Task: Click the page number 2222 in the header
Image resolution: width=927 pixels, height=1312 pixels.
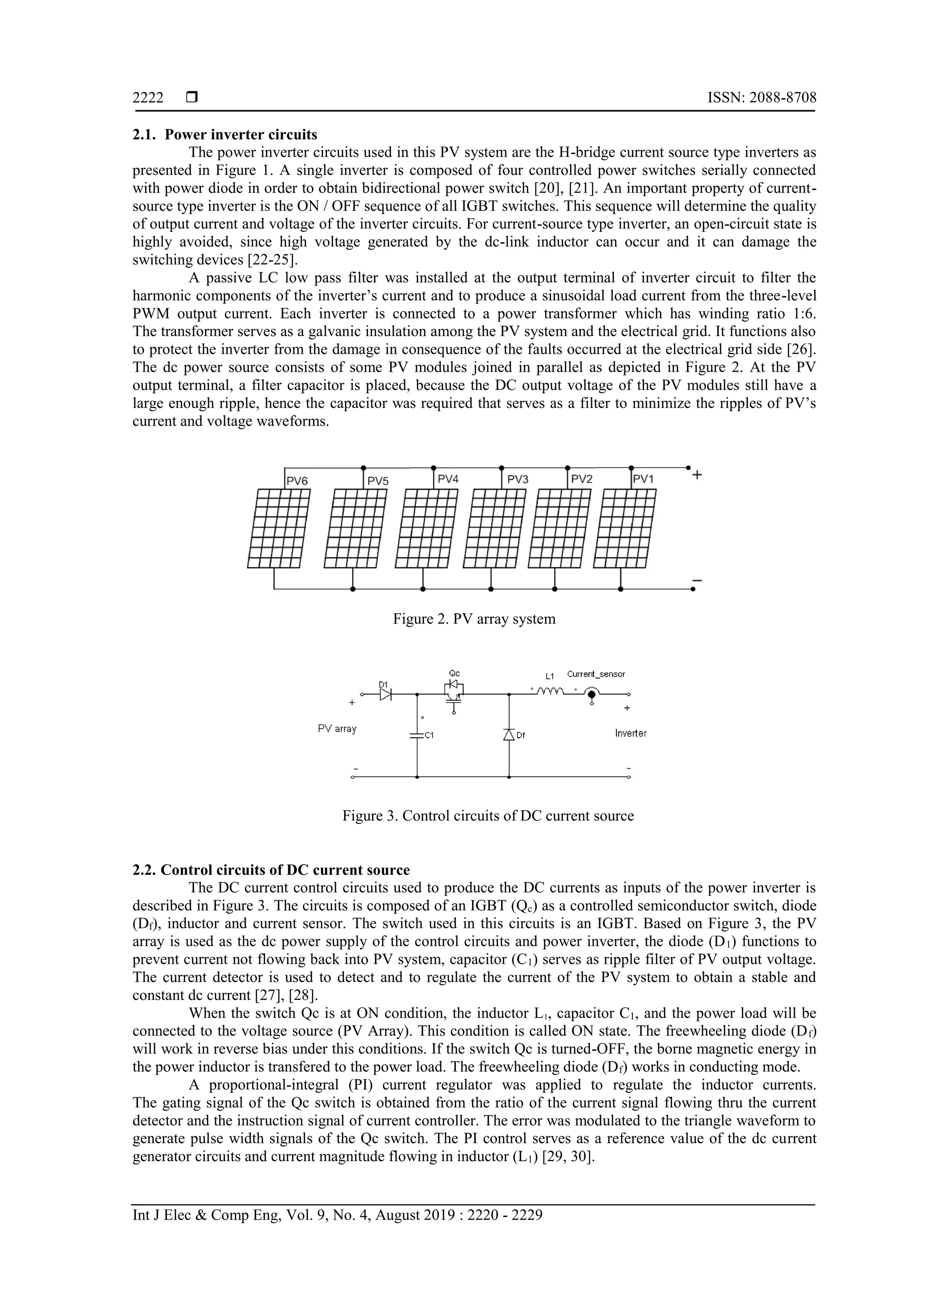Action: point(148,98)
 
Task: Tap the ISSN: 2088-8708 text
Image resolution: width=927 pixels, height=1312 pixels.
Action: point(761,98)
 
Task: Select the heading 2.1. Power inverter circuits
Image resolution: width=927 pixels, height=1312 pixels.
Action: point(225,135)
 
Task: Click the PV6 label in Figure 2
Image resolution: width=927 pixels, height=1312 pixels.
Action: point(297,481)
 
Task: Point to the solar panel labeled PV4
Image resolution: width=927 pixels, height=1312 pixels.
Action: point(426,528)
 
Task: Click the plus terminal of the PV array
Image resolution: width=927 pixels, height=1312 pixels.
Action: point(697,474)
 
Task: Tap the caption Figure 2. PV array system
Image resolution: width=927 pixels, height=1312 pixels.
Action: point(473,619)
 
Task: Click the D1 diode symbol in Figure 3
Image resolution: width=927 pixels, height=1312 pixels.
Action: point(386,694)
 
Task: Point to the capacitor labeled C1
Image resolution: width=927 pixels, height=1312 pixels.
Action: point(417,735)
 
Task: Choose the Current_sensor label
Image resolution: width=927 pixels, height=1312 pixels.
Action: point(596,674)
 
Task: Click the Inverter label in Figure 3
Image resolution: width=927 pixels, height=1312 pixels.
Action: point(631,733)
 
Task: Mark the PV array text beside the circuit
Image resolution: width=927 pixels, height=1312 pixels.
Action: point(337,729)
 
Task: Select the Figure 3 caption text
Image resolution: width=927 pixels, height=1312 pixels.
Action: point(488,816)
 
